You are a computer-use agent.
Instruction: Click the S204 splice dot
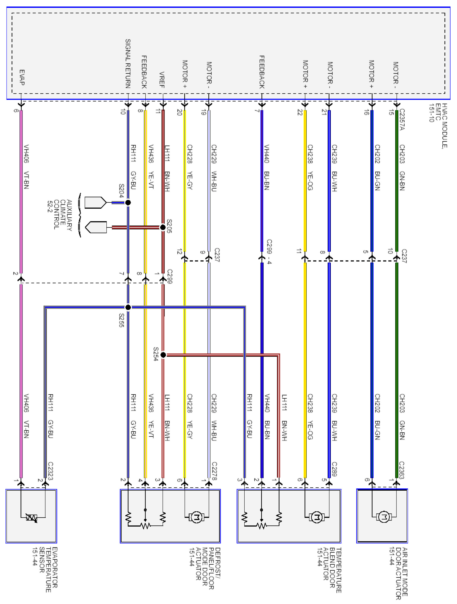tap(128, 202)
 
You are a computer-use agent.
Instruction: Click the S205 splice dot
tap(163, 227)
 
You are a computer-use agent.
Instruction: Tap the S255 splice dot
tap(128, 307)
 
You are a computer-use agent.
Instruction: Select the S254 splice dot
tap(163, 355)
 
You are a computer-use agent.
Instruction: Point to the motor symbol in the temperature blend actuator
tap(317, 517)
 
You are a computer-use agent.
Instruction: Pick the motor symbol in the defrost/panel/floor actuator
tap(196, 517)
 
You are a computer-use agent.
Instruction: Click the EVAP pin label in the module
tap(22, 77)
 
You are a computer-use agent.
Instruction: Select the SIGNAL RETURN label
tap(128, 64)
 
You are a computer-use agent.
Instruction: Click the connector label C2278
tap(214, 471)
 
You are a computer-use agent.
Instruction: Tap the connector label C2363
tap(402, 470)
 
